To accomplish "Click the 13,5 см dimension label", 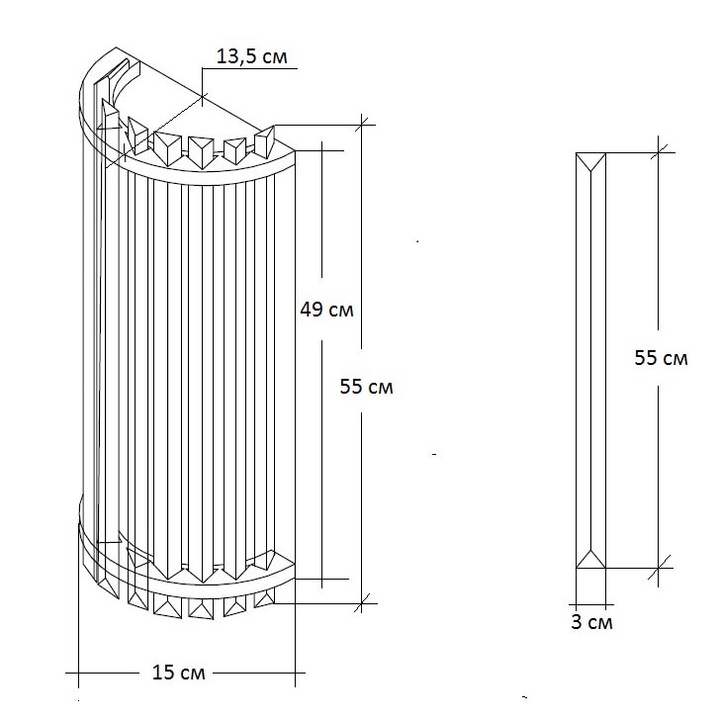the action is click(251, 56).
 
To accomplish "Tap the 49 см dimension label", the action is click(327, 310).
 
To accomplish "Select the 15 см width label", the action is click(178, 673).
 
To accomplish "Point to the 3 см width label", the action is click(591, 622).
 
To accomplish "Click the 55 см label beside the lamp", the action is click(367, 387).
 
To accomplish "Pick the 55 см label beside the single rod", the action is click(662, 358).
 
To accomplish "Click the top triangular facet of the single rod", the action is click(590, 162).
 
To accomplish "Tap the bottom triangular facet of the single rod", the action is click(590, 559).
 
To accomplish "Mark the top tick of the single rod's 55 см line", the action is click(659, 152).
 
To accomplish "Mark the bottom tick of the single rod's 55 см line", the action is click(659, 568).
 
